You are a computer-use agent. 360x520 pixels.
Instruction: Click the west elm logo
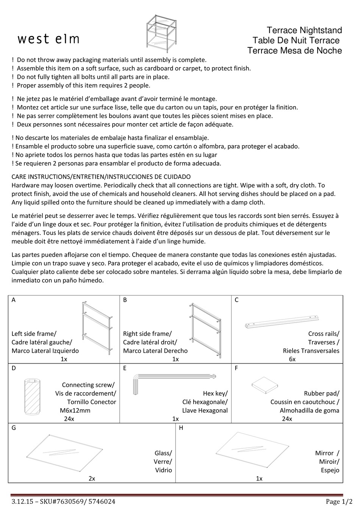(49, 39)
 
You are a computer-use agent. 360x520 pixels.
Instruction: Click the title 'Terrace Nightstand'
(304, 30)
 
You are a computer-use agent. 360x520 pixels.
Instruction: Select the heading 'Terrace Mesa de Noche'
(294, 51)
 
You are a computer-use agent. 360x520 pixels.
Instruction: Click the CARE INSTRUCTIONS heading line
(101, 177)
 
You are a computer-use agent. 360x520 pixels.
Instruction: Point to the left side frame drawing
(97, 327)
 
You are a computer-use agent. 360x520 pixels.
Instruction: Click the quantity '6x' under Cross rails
(292, 359)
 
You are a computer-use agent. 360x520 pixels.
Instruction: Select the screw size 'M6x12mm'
(75, 410)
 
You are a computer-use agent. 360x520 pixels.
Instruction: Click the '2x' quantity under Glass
(92, 478)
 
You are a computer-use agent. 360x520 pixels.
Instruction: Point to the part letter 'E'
(125, 368)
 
